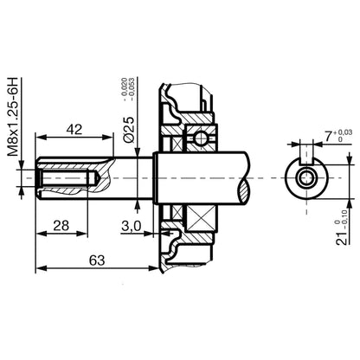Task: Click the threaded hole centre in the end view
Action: [307, 177]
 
